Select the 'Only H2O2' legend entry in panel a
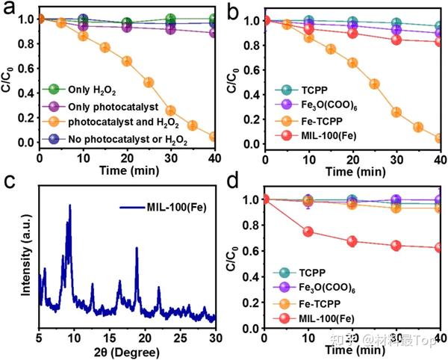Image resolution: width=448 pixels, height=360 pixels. (x=84, y=90)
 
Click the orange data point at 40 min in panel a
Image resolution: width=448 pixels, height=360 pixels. (x=214, y=137)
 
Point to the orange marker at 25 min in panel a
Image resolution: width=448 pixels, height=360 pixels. (x=149, y=82)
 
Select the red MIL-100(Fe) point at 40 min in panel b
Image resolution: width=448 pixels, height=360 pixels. (x=440, y=42)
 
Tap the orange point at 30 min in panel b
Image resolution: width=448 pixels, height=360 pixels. (x=396, y=112)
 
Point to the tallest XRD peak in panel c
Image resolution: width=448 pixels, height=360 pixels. (x=70, y=205)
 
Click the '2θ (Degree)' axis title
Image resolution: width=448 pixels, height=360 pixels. (x=127, y=350)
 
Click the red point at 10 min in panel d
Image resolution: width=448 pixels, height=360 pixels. (x=308, y=232)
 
